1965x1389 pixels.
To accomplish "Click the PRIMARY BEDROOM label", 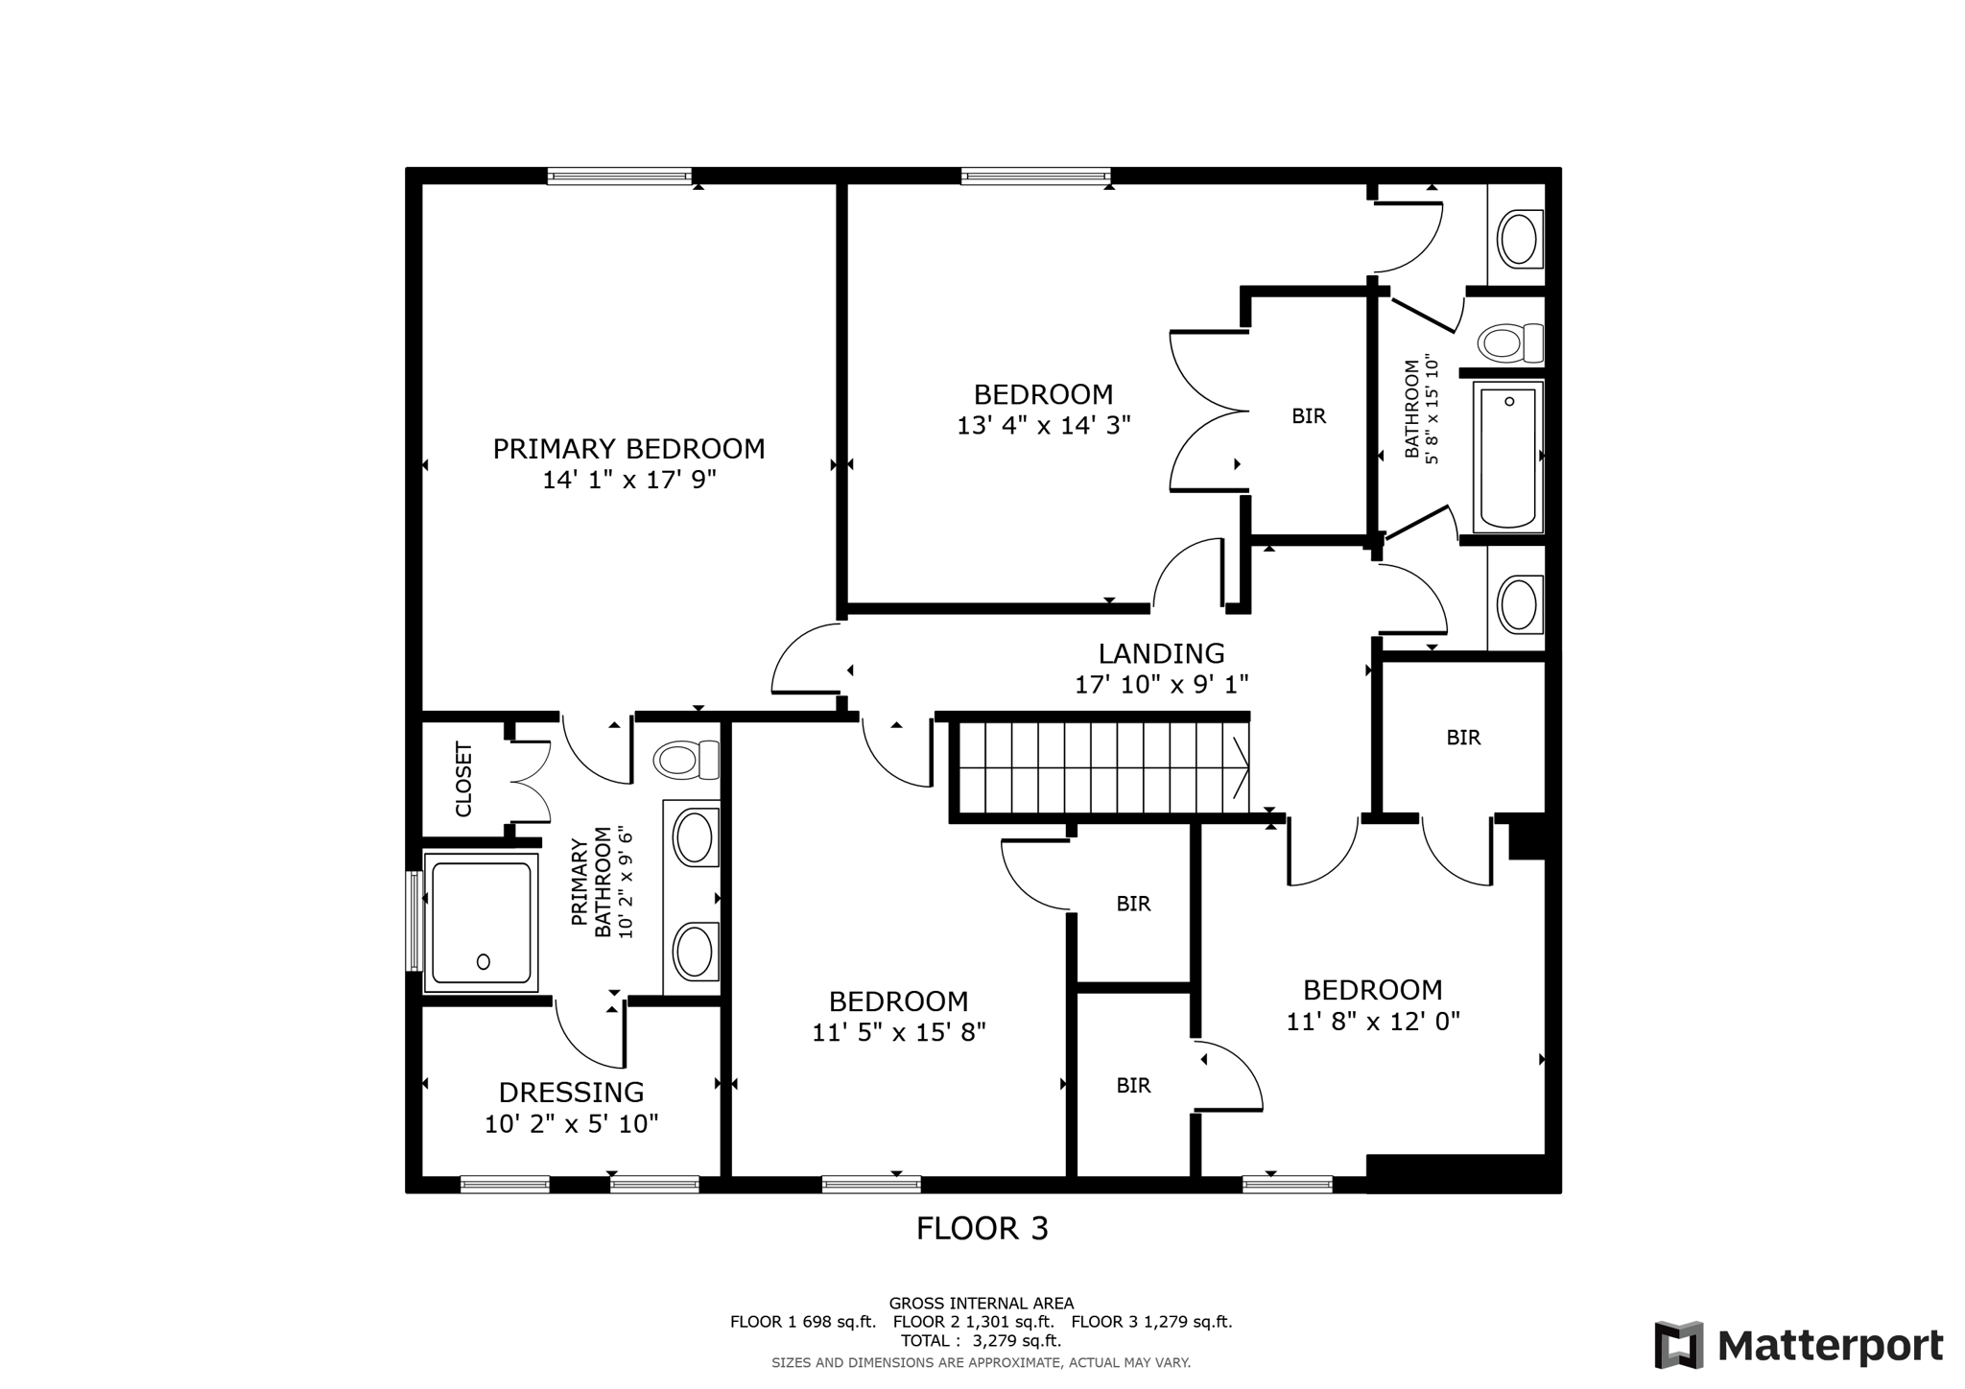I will (x=628, y=449).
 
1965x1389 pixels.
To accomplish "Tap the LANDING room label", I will (x=1161, y=653).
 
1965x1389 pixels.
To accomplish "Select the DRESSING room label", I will (x=571, y=1093).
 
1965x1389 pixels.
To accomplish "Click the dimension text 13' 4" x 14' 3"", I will (x=1043, y=425).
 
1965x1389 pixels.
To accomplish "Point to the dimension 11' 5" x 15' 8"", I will (x=898, y=1032).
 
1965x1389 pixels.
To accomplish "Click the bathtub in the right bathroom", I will (x=1507, y=457).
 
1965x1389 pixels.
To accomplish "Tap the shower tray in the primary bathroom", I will (x=481, y=922).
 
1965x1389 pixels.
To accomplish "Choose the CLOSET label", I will (x=463, y=778).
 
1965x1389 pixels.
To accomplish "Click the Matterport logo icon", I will (x=1678, y=1345).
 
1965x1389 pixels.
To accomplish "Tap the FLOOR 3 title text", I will (x=982, y=1229).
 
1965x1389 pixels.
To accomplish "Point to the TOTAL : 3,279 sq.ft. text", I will (x=981, y=1340).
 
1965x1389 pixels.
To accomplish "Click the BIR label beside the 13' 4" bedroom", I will (x=1308, y=416).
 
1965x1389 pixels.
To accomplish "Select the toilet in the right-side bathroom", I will (x=1509, y=342).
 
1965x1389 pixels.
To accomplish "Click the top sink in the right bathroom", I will (x=1518, y=239).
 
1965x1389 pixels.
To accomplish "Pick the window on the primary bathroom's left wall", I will (x=414, y=921).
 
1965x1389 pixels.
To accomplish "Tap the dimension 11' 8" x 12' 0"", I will (x=1372, y=1022).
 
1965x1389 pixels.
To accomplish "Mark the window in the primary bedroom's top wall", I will (x=620, y=177).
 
